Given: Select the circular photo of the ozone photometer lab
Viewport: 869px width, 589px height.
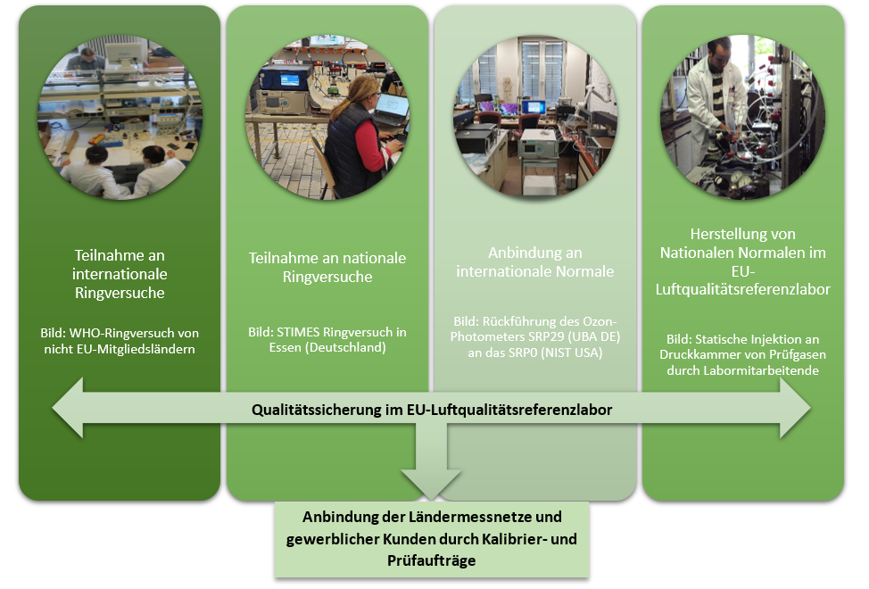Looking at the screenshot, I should [x=535, y=116].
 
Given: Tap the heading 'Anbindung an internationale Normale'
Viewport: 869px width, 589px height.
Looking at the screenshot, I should [x=535, y=262].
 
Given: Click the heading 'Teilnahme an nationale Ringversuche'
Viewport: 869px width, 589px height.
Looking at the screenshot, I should [x=327, y=267].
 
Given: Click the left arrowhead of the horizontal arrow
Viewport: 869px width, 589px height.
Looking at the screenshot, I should [x=68, y=409].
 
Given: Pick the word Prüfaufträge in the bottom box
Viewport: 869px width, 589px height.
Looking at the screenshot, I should [x=431, y=560].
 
